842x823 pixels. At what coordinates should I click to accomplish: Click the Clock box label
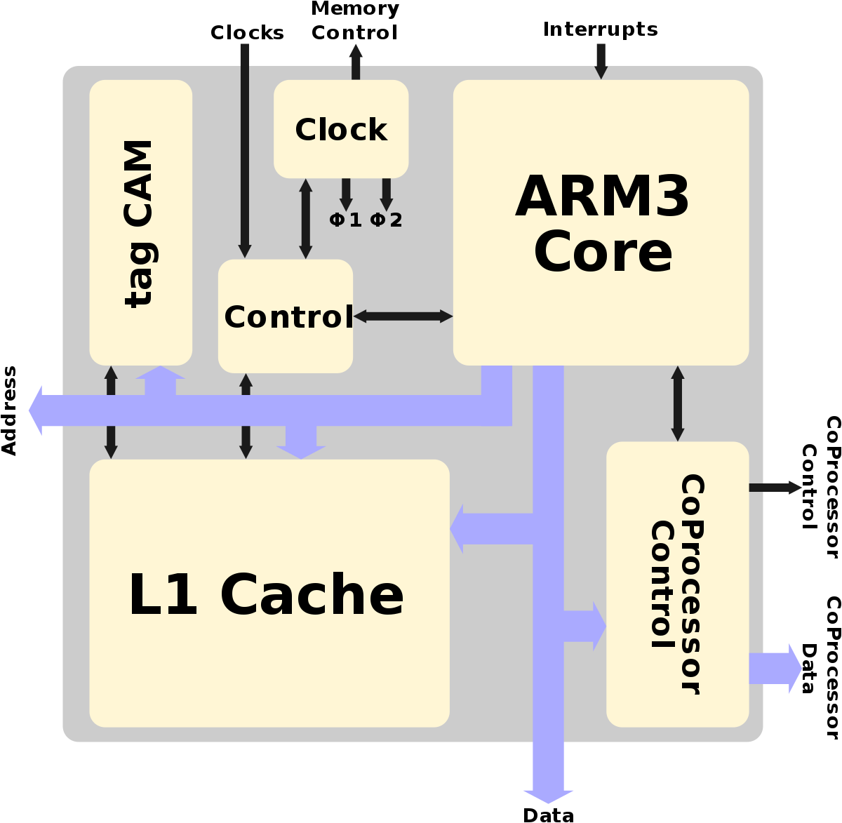(341, 130)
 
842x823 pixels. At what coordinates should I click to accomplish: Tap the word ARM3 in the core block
(602, 197)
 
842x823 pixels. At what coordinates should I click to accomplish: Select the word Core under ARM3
(603, 253)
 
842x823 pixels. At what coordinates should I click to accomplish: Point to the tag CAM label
(140, 223)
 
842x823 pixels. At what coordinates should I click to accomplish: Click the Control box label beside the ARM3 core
(288, 317)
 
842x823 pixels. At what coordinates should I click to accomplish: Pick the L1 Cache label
(266, 595)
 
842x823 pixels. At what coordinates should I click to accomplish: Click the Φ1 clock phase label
(345, 220)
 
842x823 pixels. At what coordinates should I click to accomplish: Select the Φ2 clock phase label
(386, 220)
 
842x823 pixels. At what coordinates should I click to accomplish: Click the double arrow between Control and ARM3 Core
(403, 316)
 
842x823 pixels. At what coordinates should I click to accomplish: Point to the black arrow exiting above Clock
(356, 60)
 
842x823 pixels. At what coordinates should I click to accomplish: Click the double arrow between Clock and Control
(305, 218)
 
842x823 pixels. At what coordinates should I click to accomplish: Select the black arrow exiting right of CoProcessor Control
(775, 488)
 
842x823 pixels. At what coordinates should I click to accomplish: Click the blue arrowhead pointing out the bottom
(548, 794)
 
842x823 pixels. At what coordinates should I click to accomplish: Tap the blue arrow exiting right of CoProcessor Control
(776, 668)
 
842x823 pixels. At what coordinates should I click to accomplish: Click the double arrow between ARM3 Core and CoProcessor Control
(677, 403)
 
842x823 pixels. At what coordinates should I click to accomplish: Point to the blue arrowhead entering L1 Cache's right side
(457, 528)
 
